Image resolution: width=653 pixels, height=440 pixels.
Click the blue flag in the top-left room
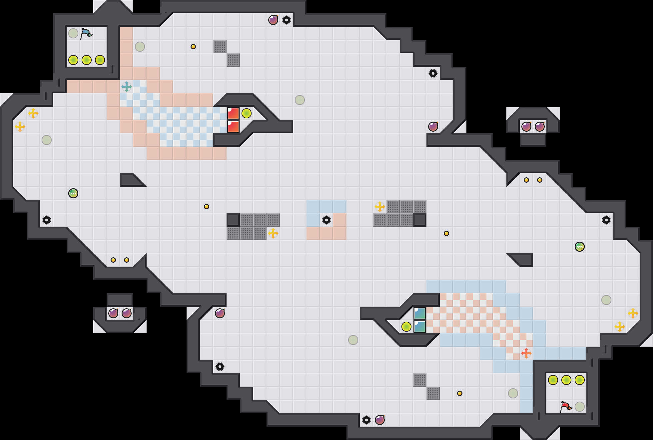click(x=86, y=33)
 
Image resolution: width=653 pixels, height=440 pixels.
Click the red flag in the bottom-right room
click(x=566, y=406)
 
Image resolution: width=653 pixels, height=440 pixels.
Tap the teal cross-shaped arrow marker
click(x=126, y=87)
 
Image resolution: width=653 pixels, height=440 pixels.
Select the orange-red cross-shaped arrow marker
click(x=526, y=353)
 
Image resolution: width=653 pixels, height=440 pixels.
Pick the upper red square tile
click(x=233, y=113)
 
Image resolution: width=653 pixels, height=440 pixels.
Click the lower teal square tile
click(x=420, y=327)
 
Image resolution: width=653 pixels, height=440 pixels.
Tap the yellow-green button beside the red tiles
click(x=247, y=113)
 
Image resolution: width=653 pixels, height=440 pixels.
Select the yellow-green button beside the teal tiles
click(x=406, y=327)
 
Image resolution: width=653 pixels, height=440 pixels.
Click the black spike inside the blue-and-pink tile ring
click(x=326, y=220)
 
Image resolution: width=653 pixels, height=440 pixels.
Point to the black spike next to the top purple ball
click(x=287, y=20)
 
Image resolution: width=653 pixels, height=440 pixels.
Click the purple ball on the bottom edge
click(x=380, y=420)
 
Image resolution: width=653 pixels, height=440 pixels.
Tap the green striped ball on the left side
click(x=73, y=193)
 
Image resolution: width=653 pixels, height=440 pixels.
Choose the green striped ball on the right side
click(x=580, y=247)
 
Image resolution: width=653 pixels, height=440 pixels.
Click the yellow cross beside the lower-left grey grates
click(x=273, y=233)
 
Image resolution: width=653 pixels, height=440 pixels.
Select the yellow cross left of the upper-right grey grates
click(x=380, y=207)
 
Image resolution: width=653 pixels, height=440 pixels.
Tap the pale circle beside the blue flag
click(x=73, y=33)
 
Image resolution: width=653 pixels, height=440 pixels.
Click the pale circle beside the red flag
click(x=580, y=407)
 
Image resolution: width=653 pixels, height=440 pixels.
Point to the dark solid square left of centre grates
click(x=233, y=220)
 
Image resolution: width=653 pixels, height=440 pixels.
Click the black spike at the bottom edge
click(x=366, y=420)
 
